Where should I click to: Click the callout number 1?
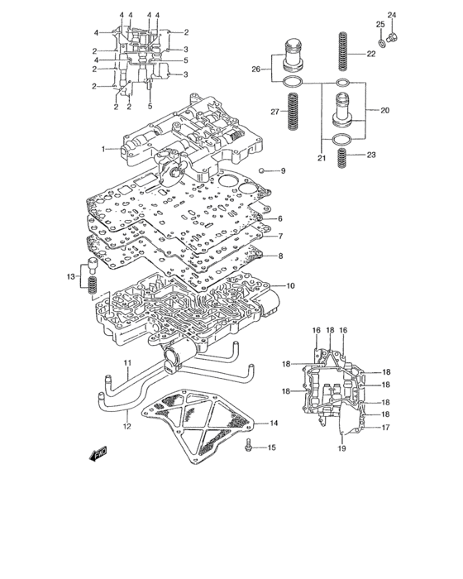(103, 149)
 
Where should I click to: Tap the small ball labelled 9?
(262, 170)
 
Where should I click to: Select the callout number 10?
(290, 286)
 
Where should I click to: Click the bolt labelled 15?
(248, 445)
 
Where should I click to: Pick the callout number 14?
(274, 423)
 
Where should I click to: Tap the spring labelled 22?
(343, 51)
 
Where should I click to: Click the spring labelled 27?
(293, 111)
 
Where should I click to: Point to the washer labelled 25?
(382, 43)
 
